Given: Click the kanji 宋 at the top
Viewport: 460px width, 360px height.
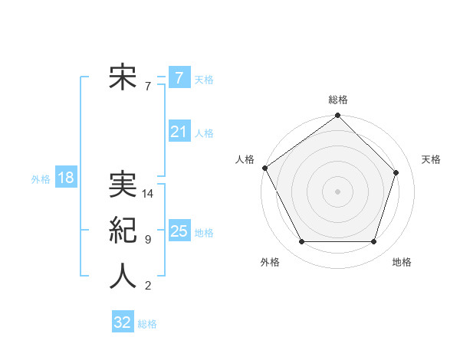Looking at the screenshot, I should pyautogui.click(x=123, y=78).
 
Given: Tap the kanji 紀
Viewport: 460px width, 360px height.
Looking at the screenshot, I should pyautogui.click(x=123, y=231).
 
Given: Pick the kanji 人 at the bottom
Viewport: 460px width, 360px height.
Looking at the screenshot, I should pyautogui.click(x=123, y=276).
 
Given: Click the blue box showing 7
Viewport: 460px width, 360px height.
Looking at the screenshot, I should pyautogui.click(x=179, y=78).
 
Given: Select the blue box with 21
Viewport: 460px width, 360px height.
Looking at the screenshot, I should pyautogui.click(x=179, y=132).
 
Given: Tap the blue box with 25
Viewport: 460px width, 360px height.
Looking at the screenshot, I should pyautogui.click(x=179, y=231).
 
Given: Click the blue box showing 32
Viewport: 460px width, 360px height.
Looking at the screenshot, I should pyautogui.click(x=123, y=322).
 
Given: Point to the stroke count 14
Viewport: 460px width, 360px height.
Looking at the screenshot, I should pyautogui.click(x=149, y=194).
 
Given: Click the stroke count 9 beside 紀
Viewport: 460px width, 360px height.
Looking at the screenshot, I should pyautogui.click(x=148, y=240).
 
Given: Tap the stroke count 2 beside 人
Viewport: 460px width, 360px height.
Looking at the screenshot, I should pyautogui.click(x=148, y=286).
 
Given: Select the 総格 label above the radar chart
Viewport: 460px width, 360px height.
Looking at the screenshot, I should pyautogui.click(x=338, y=100).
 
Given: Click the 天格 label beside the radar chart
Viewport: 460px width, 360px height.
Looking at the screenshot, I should pyautogui.click(x=432, y=159).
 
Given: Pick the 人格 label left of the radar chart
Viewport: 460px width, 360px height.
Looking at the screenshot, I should pyautogui.click(x=245, y=159).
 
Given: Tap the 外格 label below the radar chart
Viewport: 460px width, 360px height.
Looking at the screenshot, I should pyautogui.click(x=270, y=262).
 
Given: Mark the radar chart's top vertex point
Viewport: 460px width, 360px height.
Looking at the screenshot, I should pyautogui.click(x=338, y=116).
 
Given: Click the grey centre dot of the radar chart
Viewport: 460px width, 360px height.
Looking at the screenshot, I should pyautogui.click(x=338, y=191).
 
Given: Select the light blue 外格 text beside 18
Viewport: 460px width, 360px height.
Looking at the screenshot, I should pyautogui.click(x=41, y=179).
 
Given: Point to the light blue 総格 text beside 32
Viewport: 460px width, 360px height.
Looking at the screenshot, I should pyautogui.click(x=147, y=324).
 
